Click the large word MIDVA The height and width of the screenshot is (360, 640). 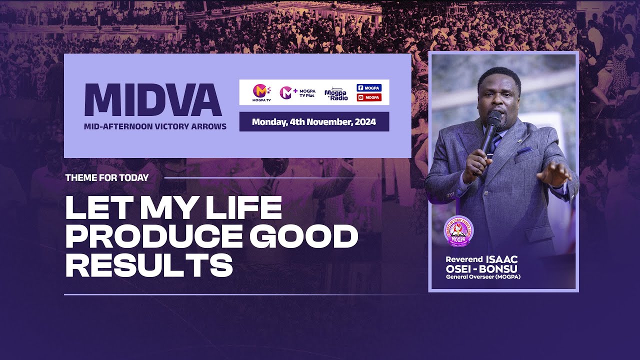tap(153, 100)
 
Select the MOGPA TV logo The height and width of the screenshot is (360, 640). tap(261, 92)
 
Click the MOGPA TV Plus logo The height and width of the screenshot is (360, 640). tap(297, 92)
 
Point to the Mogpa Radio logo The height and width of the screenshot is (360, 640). tap(336, 93)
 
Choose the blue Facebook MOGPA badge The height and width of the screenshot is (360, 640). tap(369, 88)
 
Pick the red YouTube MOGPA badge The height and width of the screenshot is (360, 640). tap(369, 97)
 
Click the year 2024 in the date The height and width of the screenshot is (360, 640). tap(365, 122)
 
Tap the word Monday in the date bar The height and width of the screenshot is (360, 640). tap(269, 122)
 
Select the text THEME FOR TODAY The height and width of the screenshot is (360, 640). tap(107, 177)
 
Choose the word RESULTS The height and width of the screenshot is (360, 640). tap(149, 265)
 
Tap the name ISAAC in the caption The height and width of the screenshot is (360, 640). tap(501, 259)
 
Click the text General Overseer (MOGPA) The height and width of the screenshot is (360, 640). tap(483, 277)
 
